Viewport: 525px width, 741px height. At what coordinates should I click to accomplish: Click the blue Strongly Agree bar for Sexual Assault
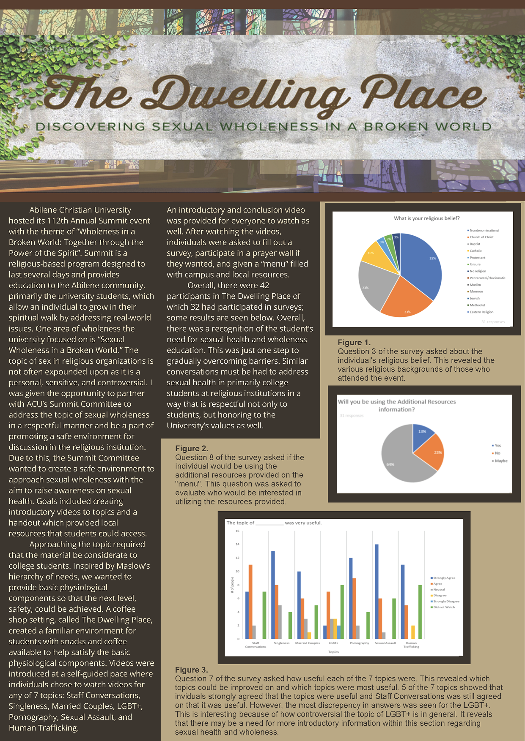point(377,591)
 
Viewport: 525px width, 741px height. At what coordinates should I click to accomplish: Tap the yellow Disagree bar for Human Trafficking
point(413,632)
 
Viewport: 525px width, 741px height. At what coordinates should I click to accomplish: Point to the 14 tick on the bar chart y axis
point(237,544)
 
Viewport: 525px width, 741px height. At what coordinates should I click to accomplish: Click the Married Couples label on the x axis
point(308,643)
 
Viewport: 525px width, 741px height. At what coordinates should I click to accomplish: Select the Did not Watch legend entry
point(444,607)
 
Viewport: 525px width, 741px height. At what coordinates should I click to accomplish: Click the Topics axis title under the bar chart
point(333,652)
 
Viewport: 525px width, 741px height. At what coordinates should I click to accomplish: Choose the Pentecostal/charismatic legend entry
point(487,278)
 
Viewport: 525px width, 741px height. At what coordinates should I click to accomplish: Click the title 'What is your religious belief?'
point(426,218)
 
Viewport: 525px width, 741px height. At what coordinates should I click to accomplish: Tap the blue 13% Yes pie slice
point(421,435)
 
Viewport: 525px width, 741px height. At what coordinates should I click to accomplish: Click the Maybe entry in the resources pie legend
point(500,461)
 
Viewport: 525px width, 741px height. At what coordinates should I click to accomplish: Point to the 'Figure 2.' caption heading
point(192,448)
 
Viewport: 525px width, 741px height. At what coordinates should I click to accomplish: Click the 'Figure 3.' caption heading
point(191,670)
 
